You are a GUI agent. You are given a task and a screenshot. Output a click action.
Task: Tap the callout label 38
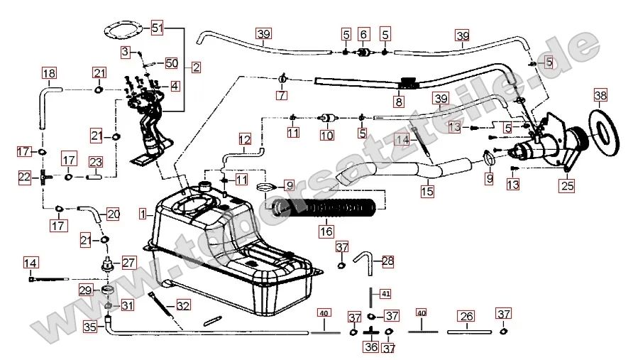(x=600, y=95)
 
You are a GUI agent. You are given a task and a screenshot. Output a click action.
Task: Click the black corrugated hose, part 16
(x=326, y=208)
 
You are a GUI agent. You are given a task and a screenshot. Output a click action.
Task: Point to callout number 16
(x=325, y=231)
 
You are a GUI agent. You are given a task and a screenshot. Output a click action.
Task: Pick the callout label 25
(x=566, y=187)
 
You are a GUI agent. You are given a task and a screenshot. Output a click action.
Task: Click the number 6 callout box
(x=364, y=33)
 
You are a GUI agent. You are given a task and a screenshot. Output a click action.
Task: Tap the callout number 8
(x=399, y=102)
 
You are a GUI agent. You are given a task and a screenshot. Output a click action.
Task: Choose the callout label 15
(x=427, y=191)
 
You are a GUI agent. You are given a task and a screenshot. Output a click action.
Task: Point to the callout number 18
(x=48, y=73)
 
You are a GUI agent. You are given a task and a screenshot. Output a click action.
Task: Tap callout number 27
(x=128, y=262)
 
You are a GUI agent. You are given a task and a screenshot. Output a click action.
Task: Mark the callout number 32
(x=183, y=306)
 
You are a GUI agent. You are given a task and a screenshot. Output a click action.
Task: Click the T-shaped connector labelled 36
(x=370, y=331)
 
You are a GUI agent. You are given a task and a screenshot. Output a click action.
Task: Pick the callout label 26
(x=466, y=316)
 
